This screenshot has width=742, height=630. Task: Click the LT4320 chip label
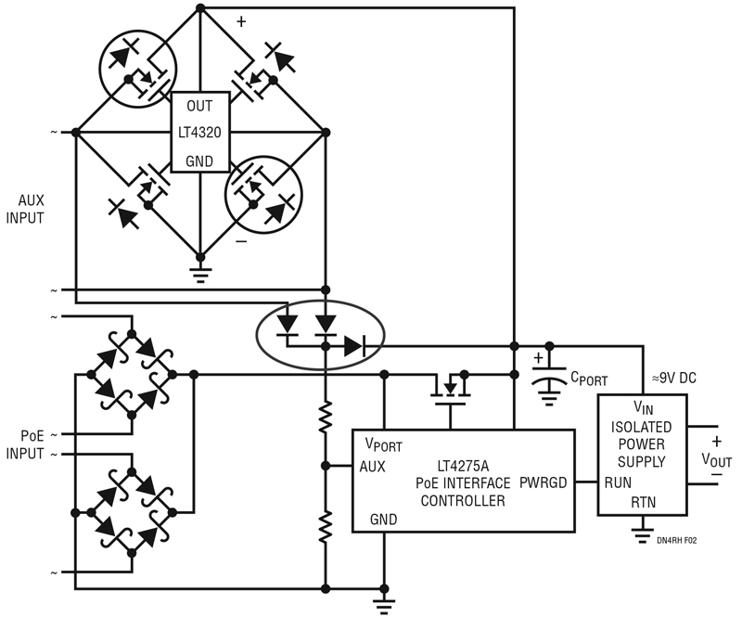coord(199,133)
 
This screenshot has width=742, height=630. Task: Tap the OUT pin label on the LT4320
coord(199,106)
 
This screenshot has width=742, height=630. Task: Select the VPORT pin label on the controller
coord(384,444)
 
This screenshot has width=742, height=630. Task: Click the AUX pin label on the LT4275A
coord(373,467)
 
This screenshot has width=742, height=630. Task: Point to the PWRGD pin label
coord(544,482)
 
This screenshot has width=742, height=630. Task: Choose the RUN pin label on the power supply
coord(618,482)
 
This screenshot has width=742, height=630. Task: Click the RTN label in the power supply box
coord(644,502)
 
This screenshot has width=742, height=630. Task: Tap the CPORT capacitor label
coord(589,379)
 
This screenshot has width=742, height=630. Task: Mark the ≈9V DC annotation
coord(674,378)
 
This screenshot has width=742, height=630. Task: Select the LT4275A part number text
coord(463,466)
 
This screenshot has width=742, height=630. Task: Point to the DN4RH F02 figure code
coord(677,540)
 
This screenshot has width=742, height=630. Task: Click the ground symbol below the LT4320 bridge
coord(200,275)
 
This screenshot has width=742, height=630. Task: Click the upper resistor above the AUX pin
coord(326,416)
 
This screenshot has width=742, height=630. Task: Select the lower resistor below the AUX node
coord(326,526)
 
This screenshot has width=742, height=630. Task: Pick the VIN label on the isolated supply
coord(643,407)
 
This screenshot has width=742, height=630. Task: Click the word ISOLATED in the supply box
coord(642,427)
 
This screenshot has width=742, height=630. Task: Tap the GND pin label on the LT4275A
coord(383,520)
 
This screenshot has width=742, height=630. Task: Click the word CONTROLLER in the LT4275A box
coord(463,501)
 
